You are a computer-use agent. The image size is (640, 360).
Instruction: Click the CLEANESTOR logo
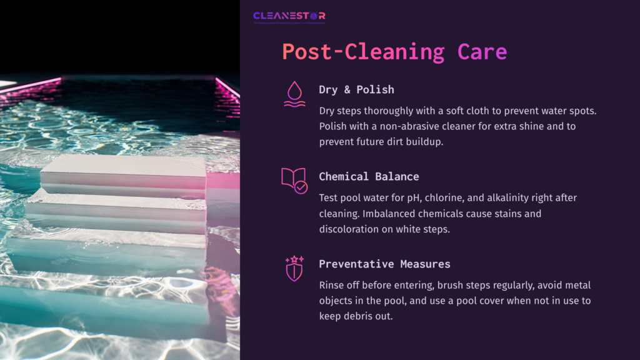(289, 16)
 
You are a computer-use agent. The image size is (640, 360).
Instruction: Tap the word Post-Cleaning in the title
(362, 52)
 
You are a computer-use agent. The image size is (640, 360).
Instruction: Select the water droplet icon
(293, 93)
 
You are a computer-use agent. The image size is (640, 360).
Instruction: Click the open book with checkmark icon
(293, 180)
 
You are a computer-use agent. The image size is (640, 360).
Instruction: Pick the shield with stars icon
(293, 267)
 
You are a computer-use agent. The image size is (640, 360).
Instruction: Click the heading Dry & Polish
(356, 89)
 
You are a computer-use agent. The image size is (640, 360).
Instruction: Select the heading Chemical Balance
(369, 176)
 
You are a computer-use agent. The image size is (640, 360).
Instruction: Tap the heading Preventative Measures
(384, 264)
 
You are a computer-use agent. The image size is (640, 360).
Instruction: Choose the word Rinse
(332, 285)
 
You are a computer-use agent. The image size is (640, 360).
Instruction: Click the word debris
(353, 317)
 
